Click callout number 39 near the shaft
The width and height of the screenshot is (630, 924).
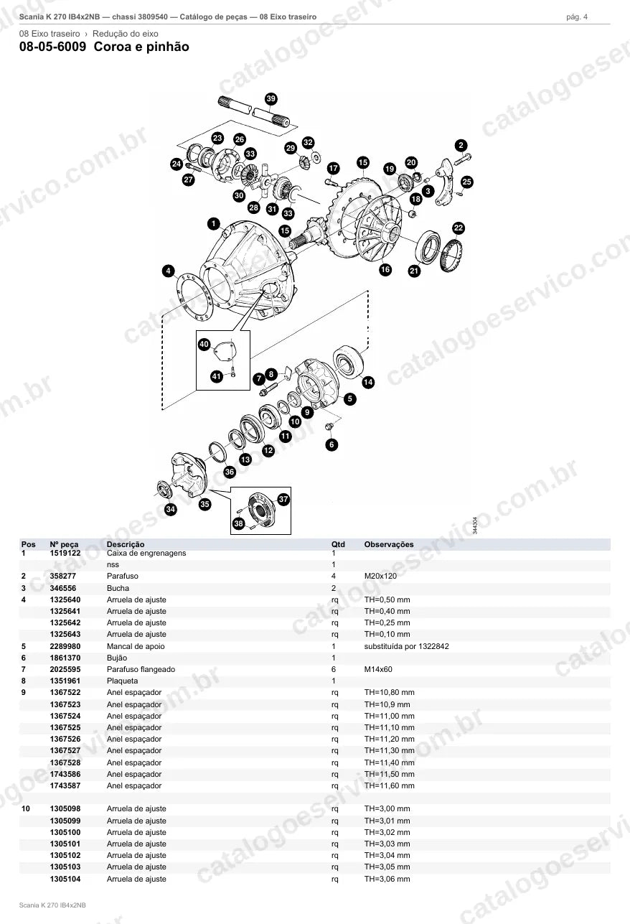[x=271, y=98]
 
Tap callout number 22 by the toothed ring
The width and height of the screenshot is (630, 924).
[x=459, y=228]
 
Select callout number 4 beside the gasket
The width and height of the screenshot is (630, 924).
[x=168, y=271]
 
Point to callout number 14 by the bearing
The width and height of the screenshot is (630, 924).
[x=368, y=382]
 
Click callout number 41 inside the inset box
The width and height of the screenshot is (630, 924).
[x=217, y=376]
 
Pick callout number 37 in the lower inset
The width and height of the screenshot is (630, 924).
[x=283, y=499]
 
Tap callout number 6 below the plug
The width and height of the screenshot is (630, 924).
[x=332, y=444]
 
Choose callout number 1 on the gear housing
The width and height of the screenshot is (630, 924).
[x=214, y=223]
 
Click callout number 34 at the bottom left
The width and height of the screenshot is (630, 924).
[x=171, y=509]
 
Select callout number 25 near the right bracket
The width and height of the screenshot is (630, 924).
[x=466, y=182]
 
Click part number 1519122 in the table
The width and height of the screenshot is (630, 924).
[x=65, y=553]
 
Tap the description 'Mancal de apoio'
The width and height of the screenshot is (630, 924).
[x=136, y=646]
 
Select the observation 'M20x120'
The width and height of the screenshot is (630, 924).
[x=380, y=576]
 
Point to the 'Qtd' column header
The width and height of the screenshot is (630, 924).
[x=338, y=544]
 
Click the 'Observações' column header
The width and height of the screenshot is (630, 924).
[x=389, y=544]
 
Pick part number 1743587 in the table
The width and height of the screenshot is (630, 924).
[x=65, y=785]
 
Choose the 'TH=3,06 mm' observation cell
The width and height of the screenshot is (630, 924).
[x=387, y=879]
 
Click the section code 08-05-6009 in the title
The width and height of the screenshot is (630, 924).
[x=53, y=47]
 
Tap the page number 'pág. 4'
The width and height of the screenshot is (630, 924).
[x=577, y=17]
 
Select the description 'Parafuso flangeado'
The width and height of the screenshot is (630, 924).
[x=141, y=669]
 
